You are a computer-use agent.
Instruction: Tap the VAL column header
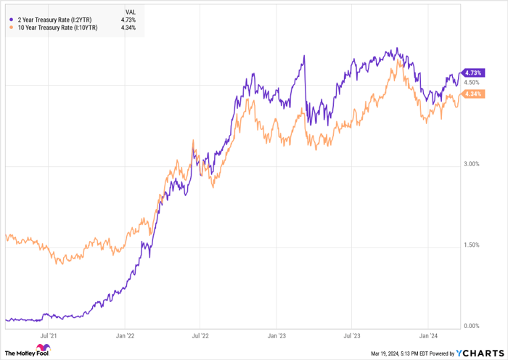(129, 12)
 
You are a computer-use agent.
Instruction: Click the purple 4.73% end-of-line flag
(473, 73)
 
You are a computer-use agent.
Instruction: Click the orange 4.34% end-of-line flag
(473, 94)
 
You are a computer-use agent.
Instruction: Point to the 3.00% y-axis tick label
(472, 165)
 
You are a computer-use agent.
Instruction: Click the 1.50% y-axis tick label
(472, 245)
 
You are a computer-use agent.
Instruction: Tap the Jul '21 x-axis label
(49, 336)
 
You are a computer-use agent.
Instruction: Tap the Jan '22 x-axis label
(125, 336)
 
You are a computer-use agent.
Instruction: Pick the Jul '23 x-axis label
(351, 336)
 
